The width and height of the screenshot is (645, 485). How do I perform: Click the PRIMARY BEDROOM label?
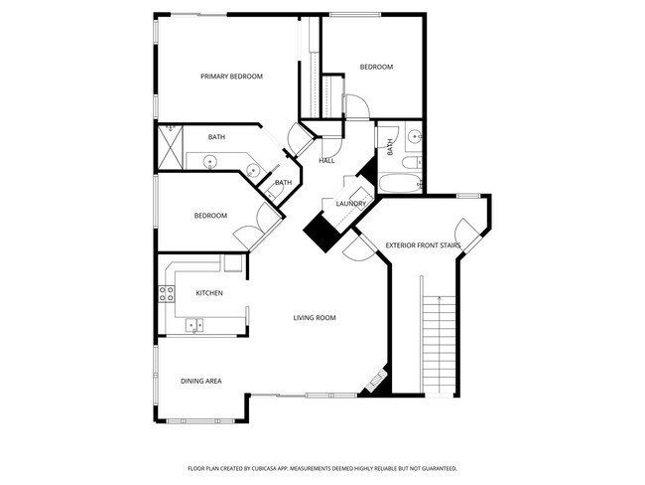(231, 76)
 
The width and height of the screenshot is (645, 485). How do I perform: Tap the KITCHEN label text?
(208, 293)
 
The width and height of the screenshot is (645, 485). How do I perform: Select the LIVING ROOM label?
(314, 318)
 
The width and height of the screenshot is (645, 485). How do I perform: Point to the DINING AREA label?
(200, 381)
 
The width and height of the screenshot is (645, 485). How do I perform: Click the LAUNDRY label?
(351, 204)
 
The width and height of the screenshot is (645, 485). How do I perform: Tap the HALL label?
(326, 160)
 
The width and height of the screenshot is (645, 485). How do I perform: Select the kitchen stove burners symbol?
(166, 292)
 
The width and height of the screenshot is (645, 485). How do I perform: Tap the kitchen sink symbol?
(194, 323)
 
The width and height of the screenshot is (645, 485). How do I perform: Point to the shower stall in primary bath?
(171, 150)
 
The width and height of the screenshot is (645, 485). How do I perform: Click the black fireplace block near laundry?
(322, 234)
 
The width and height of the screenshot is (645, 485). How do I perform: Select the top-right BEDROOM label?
(376, 67)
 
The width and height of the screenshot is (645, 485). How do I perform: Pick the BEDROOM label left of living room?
(210, 216)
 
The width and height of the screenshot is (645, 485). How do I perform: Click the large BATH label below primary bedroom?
(216, 136)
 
